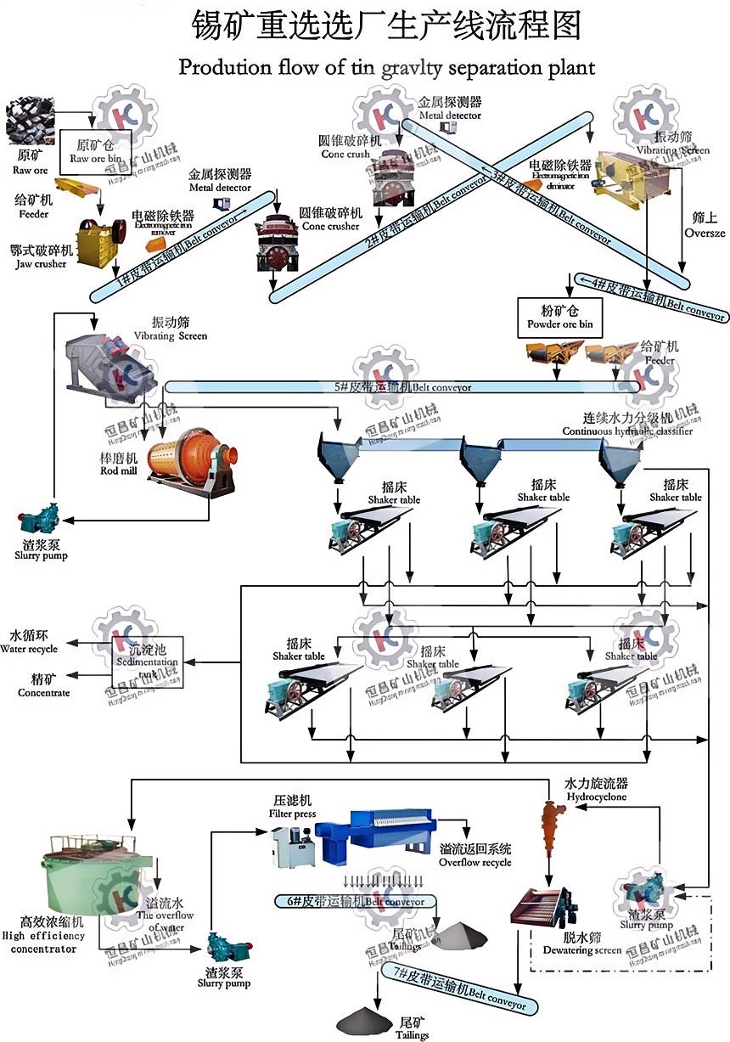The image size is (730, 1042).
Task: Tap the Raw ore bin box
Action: pyautogui.click(x=95, y=151)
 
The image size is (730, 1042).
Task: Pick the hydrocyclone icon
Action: pyautogui.click(x=553, y=825)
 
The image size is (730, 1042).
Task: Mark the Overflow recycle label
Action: pyautogui.click(x=474, y=855)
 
